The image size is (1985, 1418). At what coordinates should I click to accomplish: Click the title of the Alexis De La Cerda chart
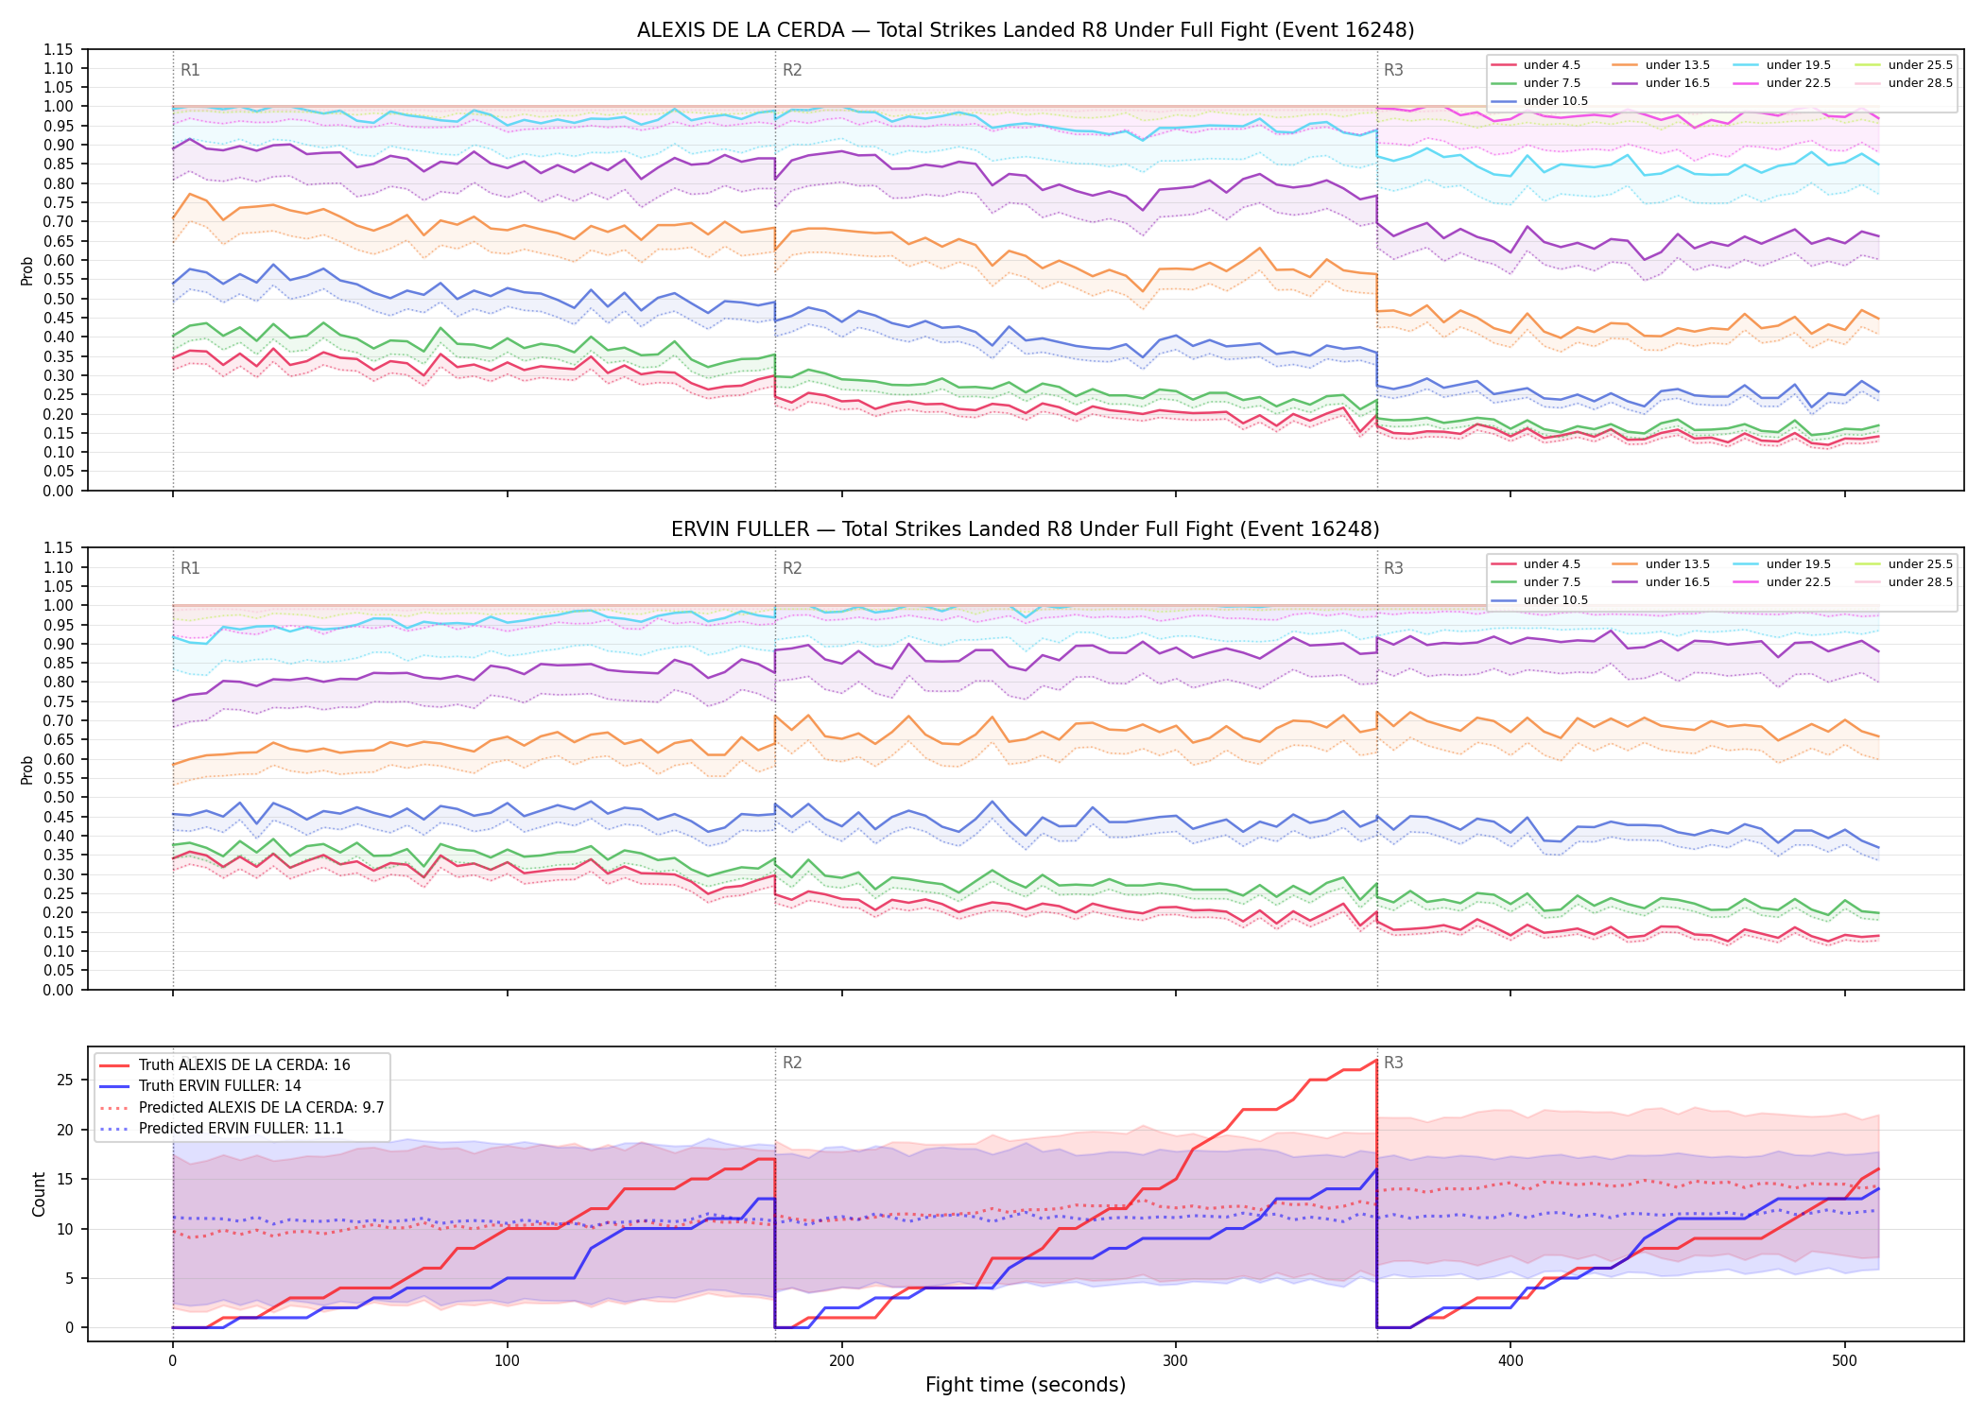[1026, 30]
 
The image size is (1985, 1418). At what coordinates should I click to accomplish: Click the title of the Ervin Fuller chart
[1026, 529]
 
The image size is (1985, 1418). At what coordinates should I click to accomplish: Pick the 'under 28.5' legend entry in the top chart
[1905, 83]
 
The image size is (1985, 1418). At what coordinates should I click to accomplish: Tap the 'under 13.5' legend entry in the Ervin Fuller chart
[1661, 564]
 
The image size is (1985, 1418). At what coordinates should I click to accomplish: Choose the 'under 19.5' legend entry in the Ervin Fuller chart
[1782, 564]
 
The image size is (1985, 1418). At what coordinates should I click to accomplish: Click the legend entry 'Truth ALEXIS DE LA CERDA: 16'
[224, 1065]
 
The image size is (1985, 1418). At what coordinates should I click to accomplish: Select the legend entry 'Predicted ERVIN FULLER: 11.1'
[221, 1129]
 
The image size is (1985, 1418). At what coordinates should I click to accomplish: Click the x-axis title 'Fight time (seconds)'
[1026, 1385]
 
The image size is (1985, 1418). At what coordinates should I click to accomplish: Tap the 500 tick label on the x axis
[1844, 1361]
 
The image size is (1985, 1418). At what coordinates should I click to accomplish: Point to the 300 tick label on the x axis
[1176, 1361]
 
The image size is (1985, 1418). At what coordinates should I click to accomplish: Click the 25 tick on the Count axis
[65, 1081]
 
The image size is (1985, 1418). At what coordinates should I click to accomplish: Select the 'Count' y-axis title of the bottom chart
[40, 1195]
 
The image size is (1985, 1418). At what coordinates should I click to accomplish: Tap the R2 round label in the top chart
[792, 70]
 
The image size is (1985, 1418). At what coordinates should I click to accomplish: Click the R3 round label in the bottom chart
[1393, 1063]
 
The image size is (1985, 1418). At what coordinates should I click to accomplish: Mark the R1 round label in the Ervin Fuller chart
[190, 568]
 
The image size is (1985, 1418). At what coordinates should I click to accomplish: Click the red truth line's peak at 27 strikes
[1376, 1060]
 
